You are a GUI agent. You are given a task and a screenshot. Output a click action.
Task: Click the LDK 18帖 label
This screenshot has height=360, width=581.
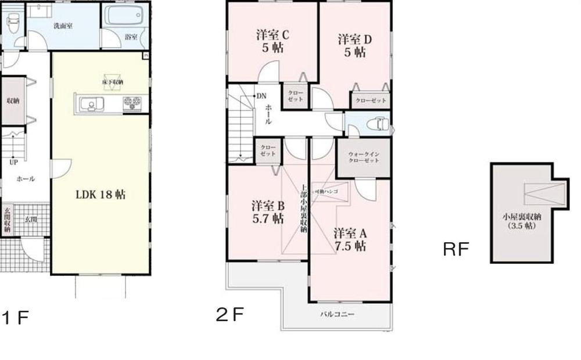[101, 195]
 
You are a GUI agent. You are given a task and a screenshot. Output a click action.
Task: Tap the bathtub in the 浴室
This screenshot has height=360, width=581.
[124, 16]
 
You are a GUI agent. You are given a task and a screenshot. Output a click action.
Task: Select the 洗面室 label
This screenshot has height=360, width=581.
[62, 26]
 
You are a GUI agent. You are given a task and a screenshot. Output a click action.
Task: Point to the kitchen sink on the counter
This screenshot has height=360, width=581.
[89, 105]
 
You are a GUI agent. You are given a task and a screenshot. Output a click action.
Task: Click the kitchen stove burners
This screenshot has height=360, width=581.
[131, 104]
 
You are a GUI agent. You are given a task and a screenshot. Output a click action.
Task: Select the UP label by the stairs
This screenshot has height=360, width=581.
[13, 162]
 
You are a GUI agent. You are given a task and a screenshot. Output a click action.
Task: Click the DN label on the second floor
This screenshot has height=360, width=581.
[261, 96]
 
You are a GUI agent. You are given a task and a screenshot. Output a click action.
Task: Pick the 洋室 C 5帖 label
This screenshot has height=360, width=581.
[273, 42]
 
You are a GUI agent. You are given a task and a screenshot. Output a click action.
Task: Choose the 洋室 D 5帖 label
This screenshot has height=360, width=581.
[355, 46]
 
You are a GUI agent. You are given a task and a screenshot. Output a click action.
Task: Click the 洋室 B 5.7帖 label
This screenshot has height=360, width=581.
[267, 212]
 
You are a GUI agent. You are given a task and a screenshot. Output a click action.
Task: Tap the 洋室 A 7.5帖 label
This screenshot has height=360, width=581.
[350, 239]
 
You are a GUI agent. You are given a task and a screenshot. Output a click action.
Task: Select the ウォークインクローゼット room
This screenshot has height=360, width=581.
[364, 157]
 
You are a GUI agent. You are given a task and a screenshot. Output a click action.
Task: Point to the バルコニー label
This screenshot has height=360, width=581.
[337, 314]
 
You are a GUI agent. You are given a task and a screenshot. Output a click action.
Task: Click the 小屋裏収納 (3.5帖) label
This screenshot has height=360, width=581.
[521, 221]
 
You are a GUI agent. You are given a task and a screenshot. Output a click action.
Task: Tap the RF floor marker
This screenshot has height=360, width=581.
[456, 250]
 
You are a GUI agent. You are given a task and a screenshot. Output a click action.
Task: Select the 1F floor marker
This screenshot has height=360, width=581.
[15, 318]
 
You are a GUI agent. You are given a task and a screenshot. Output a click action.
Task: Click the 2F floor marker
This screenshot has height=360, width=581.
[229, 315]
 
